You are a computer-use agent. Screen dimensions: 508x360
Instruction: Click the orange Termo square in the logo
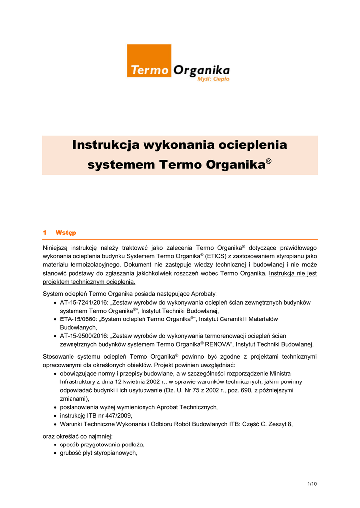point(149,62)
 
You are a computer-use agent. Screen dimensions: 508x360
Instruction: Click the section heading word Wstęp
point(66,232)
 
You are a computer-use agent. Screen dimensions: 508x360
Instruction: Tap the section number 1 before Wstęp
point(45,232)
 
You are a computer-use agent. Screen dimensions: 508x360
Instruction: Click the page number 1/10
point(312,484)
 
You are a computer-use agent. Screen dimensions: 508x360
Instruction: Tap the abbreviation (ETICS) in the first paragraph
point(216,255)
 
